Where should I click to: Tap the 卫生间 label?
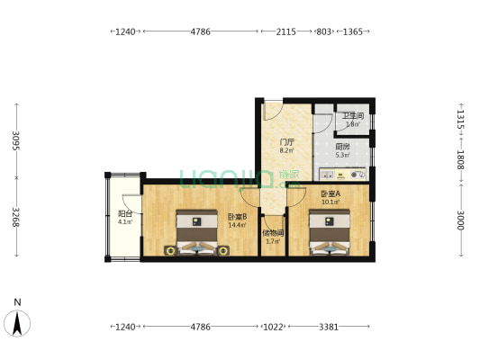coord(352,116)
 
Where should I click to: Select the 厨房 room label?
coord(342,146)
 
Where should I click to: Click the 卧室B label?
coord(237,217)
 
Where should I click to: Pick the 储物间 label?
coord(273,233)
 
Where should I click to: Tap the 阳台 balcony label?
coord(125,214)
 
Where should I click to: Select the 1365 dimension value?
coord(353,31)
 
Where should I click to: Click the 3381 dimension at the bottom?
coord(330,326)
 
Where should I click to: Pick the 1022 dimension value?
coord(273,326)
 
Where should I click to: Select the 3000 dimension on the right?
coord(459,220)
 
